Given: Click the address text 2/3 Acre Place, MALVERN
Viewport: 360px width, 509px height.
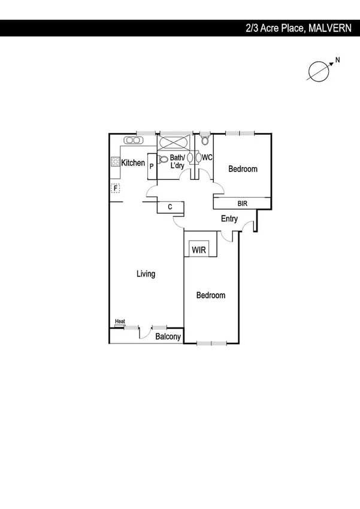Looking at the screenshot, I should (x=297, y=28).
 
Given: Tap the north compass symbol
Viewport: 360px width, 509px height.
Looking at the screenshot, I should (x=319, y=70).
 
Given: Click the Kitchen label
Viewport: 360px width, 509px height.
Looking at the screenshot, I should (x=133, y=162).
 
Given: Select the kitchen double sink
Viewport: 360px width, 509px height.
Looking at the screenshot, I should (x=132, y=140).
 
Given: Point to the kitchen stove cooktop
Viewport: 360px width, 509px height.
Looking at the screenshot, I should (x=115, y=161).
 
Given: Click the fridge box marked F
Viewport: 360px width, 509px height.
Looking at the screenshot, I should (x=115, y=188).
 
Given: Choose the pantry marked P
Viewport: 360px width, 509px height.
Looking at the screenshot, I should (x=152, y=166).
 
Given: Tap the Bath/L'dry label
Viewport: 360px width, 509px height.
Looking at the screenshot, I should (x=177, y=161).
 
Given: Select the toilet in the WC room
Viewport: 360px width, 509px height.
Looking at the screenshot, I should (x=205, y=141).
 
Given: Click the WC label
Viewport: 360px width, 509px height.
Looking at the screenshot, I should (x=207, y=158).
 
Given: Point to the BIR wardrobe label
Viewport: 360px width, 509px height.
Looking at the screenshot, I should (x=243, y=204).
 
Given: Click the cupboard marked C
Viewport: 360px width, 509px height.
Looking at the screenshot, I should (x=170, y=207).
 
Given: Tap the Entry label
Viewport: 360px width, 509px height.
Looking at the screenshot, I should (x=229, y=219).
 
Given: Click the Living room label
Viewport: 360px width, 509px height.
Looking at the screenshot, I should (x=146, y=274).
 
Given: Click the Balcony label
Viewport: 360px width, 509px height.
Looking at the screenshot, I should (x=168, y=337).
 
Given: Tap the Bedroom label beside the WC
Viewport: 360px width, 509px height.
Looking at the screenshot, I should (x=243, y=169).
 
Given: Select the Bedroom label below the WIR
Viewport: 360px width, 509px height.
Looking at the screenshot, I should (x=211, y=296).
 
